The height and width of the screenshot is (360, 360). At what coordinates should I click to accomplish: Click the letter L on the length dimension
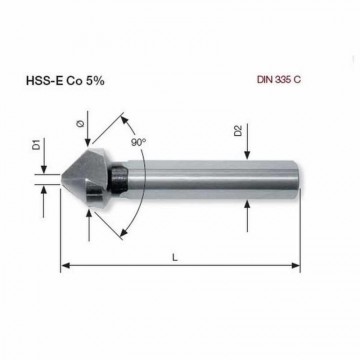point(177,256)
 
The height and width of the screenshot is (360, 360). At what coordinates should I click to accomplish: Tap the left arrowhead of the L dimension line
point(67,267)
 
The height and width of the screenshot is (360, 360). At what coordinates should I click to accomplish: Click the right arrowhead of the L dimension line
point(296,267)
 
